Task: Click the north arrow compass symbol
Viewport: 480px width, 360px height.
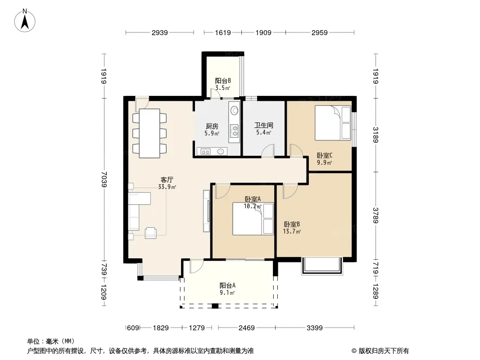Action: pyautogui.click(x=25, y=21)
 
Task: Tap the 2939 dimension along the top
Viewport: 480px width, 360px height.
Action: pyautogui.click(x=160, y=32)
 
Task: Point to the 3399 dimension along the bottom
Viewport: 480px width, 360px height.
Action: pyautogui.click(x=315, y=328)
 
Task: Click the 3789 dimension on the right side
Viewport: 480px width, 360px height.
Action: pyautogui.click(x=376, y=216)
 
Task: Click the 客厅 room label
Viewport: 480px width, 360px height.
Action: pyautogui.click(x=167, y=180)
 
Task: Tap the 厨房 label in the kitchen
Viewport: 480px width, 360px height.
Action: pyautogui.click(x=212, y=126)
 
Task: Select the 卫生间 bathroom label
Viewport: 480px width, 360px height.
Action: pyautogui.click(x=263, y=125)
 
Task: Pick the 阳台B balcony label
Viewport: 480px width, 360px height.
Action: pyautogui.click(x=223, y=81)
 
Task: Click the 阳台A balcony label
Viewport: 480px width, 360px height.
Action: pyautogui.click(x=227, y=285)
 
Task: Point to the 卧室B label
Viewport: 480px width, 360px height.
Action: pyautogui.click(x=292, y=224)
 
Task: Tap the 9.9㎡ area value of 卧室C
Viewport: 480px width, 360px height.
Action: pyautogui.click(x=325, y=163)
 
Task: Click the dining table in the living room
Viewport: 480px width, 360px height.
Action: pyautogui.click(x=149, y=133)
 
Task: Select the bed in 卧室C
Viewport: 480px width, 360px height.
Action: pyautogui.click(x=333, y=123)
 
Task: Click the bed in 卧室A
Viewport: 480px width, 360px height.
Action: pyautogui.click(x=253, y=219)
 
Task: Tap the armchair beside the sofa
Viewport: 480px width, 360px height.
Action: pyautogui.click(x=150, y=233)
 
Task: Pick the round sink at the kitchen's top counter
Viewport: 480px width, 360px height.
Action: pyautogui.click(x=235, y=110)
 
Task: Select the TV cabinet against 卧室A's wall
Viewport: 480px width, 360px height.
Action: pyautogui.click(x=207, y=211)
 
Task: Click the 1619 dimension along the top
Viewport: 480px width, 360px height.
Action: pyautogui.click(x=223, y=32)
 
